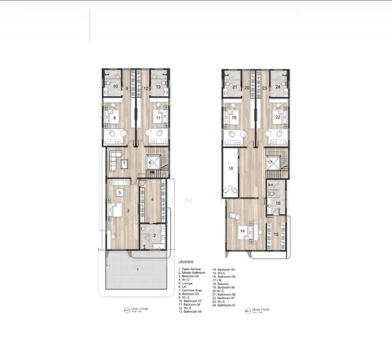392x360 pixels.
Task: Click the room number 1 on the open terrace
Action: tap(138, 271)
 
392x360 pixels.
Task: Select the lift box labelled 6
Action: tap(150, 163)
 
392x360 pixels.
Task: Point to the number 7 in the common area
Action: tap(124, 163)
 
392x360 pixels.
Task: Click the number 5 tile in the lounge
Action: tap(120, 193)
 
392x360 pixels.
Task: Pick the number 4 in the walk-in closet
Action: tap(152, 200)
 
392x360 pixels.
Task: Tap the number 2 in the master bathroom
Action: tap(155, 236)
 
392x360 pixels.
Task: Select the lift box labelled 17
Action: tap(270, 163)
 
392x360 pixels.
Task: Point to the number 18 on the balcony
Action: tap(230, 169)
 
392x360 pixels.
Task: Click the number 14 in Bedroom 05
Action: tap(243, 230)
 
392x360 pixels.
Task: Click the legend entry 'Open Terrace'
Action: tap(192, 269)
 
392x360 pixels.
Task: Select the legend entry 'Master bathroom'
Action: tap(194, 272)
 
